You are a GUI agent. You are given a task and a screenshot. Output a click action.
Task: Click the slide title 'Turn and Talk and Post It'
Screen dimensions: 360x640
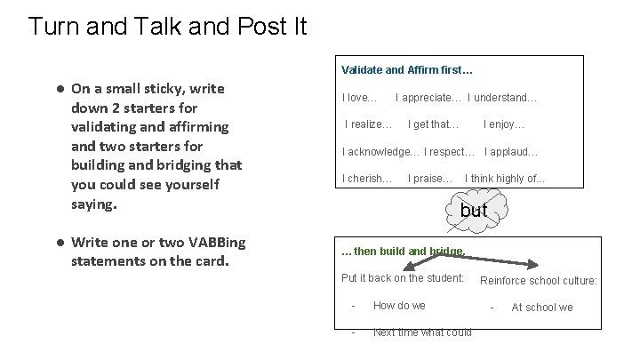coord(167,26)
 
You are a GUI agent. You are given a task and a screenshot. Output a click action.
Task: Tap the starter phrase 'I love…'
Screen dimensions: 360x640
coord(360,97)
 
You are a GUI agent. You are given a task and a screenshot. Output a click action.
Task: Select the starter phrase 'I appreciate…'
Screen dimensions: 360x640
coord(428,97)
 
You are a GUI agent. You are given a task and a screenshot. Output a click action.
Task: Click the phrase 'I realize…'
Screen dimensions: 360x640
coord(368,124)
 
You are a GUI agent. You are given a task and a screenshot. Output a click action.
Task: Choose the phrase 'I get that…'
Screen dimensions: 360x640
coord(433,124)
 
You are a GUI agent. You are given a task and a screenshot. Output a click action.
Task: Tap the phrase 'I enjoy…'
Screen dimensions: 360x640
coord(504,124)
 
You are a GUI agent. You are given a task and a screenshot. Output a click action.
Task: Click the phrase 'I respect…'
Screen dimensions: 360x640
coord(450,151)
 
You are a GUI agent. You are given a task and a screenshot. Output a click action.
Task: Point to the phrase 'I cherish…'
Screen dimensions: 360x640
coord(367,179)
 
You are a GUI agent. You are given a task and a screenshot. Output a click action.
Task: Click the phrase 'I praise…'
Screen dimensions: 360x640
coord(430,179)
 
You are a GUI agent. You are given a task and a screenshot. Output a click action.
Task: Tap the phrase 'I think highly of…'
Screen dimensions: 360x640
coord(505,179)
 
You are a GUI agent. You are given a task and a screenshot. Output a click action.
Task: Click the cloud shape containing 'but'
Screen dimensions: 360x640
coord(474,211)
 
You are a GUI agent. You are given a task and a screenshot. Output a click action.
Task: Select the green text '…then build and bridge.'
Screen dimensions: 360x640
coord(403,252)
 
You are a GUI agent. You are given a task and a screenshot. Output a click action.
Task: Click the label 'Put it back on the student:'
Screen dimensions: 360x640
coord(403,278)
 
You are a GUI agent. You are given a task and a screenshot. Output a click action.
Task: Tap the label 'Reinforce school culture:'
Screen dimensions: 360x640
coord(539,281)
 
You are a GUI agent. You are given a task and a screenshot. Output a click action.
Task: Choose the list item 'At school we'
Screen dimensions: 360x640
coord(541,308)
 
